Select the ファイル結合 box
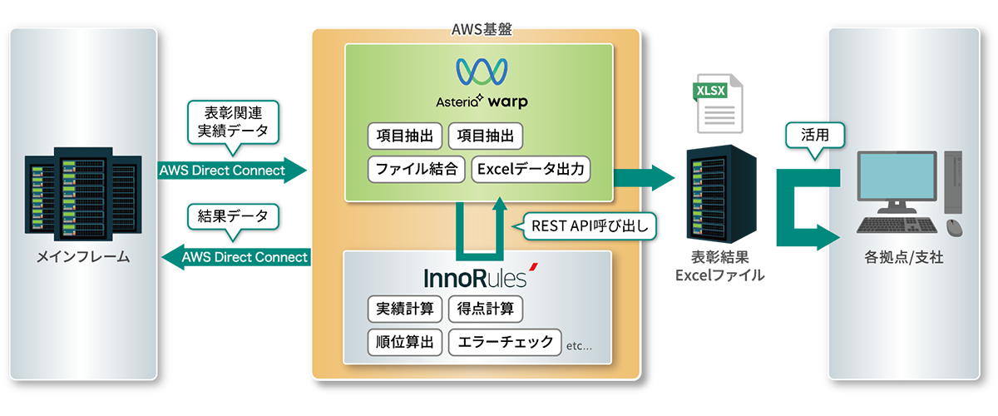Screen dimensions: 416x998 [416, 169]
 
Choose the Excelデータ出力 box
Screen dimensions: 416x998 [531, 169]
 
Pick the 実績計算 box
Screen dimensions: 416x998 [404, 310]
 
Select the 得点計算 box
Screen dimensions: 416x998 [485, 310]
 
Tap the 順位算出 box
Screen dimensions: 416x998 [404, 342]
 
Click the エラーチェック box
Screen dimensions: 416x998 [504, 342]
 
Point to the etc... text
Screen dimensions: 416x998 [579, 345]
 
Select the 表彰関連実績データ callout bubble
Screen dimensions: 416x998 [232, 121]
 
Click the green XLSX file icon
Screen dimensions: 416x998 [707, 103]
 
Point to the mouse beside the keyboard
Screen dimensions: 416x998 [953, 226]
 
